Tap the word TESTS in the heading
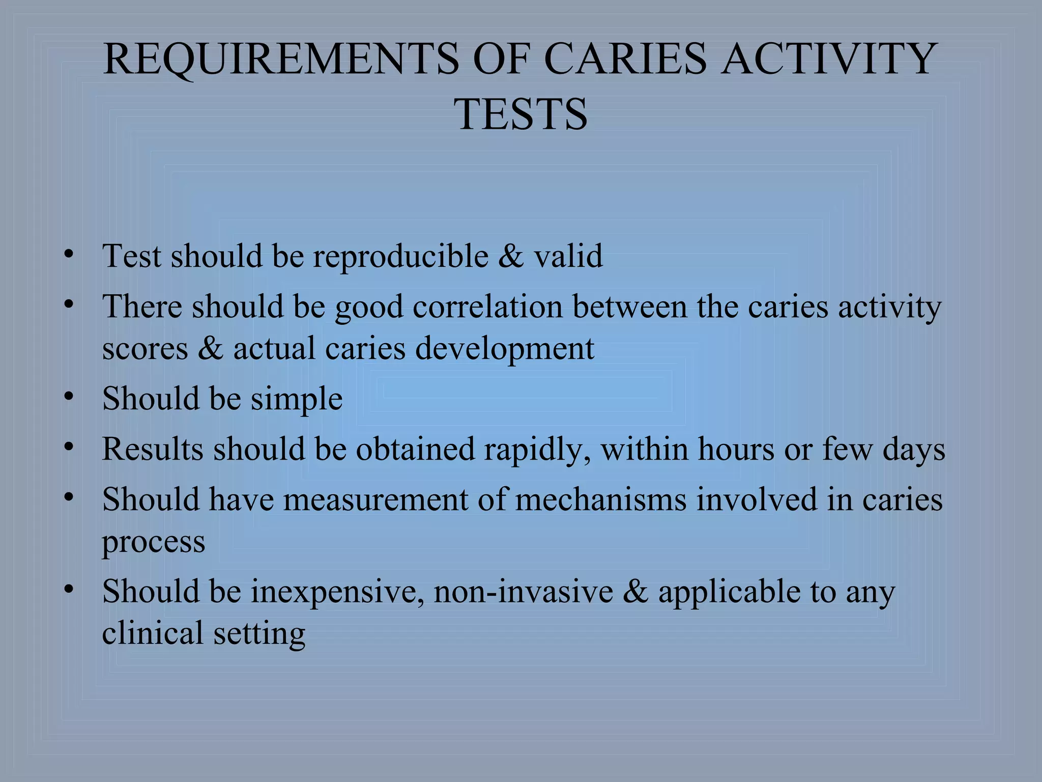point(521,114)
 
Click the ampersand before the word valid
point(511,256)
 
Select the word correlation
point(487,307)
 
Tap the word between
point(629,307)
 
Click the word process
point(154,542)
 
